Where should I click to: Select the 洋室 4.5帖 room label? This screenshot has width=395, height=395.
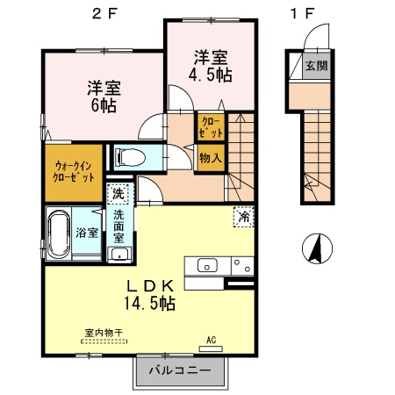[x=212, y=68]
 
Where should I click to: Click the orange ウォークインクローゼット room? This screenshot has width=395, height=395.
[x=73, y=171]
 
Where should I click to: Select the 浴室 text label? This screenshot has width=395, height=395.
[x=86, y=233]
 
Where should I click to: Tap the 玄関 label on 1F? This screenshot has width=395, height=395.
[x=313, y=66]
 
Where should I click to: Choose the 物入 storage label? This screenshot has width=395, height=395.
[x=210, y=160]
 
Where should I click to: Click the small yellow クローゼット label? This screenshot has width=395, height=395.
[x=211, y=126]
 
